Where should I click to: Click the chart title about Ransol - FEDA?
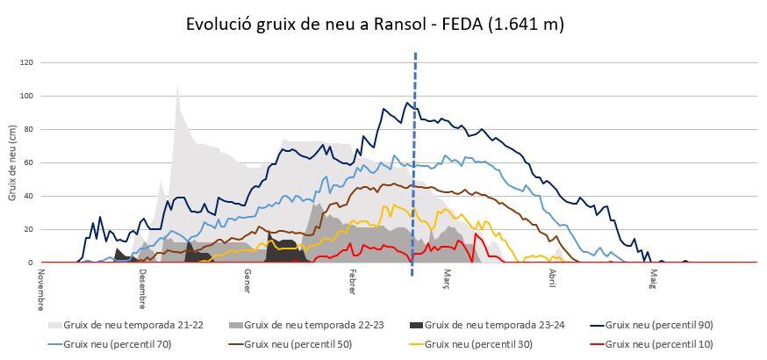(375, 24)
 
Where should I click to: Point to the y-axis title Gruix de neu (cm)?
(12, 162)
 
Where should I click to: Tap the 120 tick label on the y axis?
(26, 62)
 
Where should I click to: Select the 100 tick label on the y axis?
(26, 96)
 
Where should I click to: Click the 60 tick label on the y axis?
(28, 162)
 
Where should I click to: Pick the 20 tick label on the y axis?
(28, 229)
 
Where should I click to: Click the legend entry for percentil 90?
(658, 325)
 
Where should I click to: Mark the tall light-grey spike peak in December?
(177, 86)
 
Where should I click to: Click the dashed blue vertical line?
(414, 158)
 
